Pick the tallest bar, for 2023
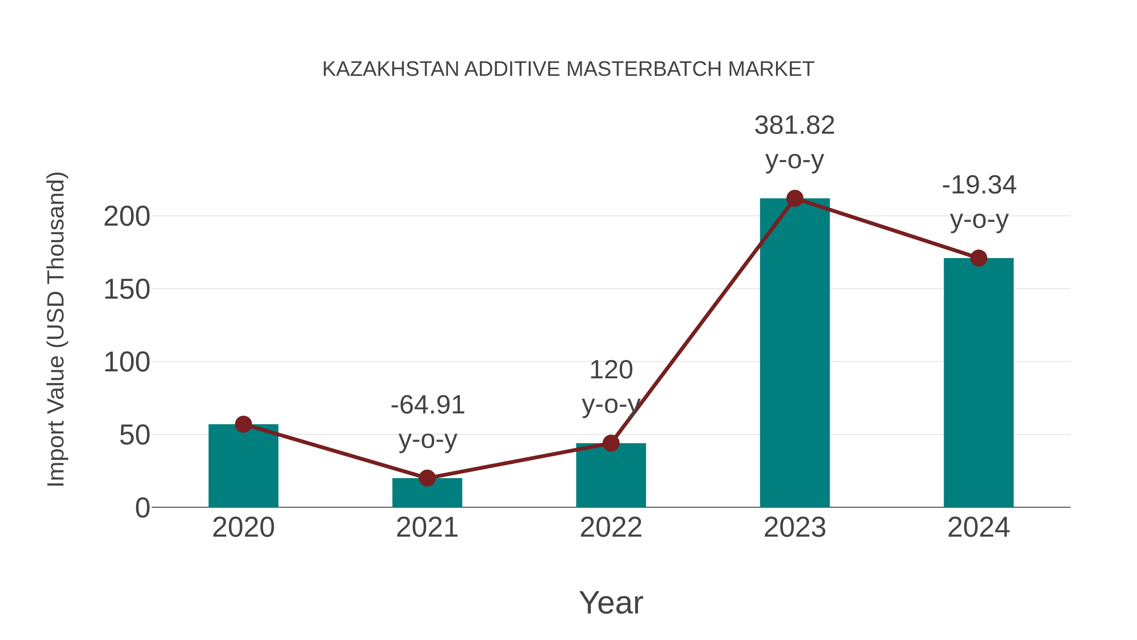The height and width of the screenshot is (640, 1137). (x=795, y=353)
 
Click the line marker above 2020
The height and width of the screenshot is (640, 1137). (x=243, y=424)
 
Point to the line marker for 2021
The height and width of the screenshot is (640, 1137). (x=427, y=478)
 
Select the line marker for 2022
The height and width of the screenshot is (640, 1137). (x=611, y=443)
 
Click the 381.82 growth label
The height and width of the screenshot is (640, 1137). (x=795, y=125)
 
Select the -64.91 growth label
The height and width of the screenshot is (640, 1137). (x=428, y=405)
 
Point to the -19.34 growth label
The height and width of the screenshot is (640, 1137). (x=979, y=185)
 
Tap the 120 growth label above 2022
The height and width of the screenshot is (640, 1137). (x=611, y=370)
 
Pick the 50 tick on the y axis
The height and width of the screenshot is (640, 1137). (x=135, y=436)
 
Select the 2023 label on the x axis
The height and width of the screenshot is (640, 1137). (x=795, y=527)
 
